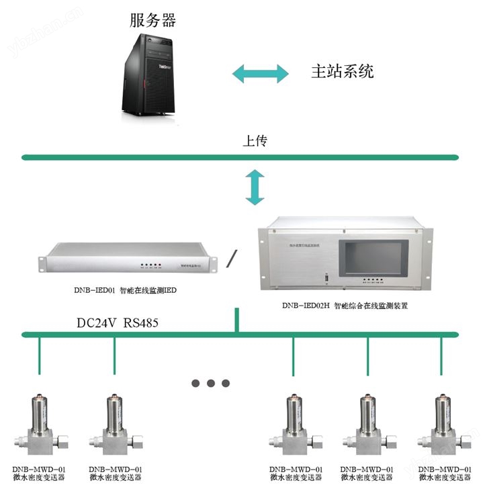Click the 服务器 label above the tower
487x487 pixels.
(152, 20)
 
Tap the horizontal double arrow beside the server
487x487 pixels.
(261, 73)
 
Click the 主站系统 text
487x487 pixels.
(342, 71)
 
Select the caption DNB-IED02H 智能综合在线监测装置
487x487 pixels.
(345, 304)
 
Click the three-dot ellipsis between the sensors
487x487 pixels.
(211, 383)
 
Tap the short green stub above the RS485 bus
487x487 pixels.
(236, 320)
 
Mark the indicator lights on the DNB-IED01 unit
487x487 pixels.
(148, 265)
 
